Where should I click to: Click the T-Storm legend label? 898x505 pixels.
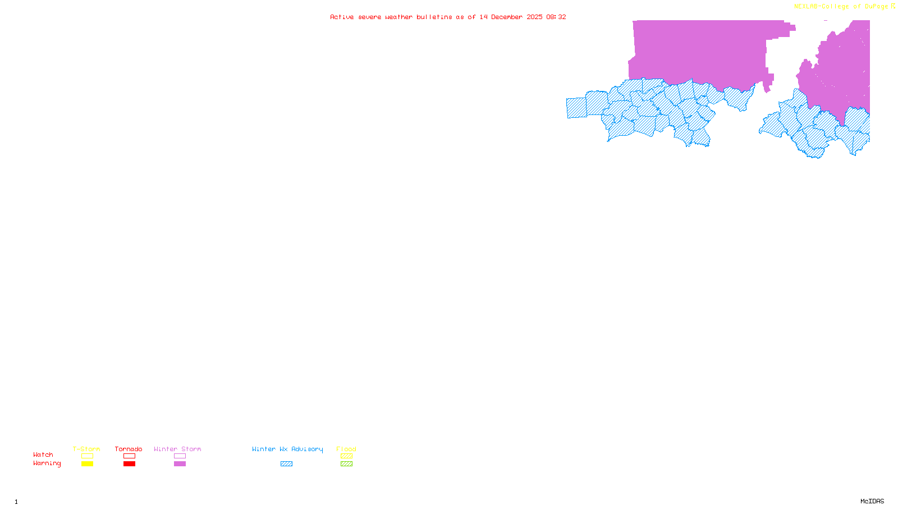point(86,449)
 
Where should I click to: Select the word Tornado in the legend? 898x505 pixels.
point(129,449)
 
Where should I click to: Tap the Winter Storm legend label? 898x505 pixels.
point(177,449)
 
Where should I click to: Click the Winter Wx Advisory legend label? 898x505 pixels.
point(287,449)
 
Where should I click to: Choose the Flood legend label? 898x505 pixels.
point(346,449)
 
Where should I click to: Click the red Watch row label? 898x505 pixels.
point(43,454)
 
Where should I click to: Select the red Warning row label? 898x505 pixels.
point(47,463)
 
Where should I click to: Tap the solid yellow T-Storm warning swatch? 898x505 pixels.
point(87,464)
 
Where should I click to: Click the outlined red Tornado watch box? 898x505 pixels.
point(129,456)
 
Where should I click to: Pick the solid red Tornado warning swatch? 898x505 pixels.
point(129,464)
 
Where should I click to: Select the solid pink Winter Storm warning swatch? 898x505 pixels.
point(180,464)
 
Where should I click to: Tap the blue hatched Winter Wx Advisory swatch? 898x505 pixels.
point(286,464)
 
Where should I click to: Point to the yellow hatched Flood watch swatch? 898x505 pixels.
point(346,456)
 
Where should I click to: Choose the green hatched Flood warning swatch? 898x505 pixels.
point(346,464)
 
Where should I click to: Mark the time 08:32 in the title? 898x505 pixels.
point(556,17)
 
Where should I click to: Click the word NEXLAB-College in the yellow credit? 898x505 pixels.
point(821,7)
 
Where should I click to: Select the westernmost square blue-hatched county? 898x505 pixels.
point(576,108)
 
